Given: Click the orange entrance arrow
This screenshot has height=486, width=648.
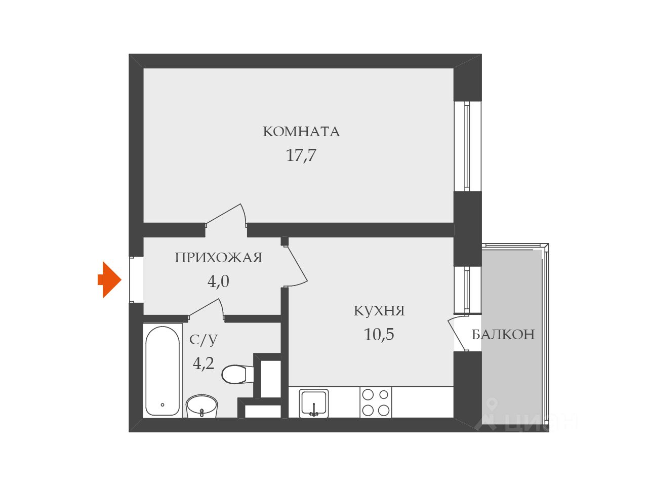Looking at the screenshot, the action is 110,279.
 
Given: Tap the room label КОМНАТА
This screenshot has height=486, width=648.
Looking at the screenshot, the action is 301,132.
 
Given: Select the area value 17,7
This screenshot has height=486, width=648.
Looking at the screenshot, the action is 301,155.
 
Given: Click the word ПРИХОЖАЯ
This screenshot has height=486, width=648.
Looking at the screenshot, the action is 218,258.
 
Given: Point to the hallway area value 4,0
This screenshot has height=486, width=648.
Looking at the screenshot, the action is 218,281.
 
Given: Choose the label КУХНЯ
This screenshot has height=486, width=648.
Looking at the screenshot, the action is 379,311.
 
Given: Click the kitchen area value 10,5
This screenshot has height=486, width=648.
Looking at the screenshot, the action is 379,335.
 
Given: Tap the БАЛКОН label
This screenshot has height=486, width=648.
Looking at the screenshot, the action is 503,335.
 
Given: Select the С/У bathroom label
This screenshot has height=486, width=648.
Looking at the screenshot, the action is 204,340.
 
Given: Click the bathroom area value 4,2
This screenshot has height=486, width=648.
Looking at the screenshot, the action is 204,363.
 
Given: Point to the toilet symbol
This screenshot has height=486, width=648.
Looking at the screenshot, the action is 235,374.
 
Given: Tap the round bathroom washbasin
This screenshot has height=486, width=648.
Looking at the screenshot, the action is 201,406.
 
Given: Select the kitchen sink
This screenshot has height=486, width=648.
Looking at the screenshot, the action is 314,403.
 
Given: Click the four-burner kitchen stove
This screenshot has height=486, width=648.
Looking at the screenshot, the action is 376,402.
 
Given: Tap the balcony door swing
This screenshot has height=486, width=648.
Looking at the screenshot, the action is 457,333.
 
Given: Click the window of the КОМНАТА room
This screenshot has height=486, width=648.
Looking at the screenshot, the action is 467,146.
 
